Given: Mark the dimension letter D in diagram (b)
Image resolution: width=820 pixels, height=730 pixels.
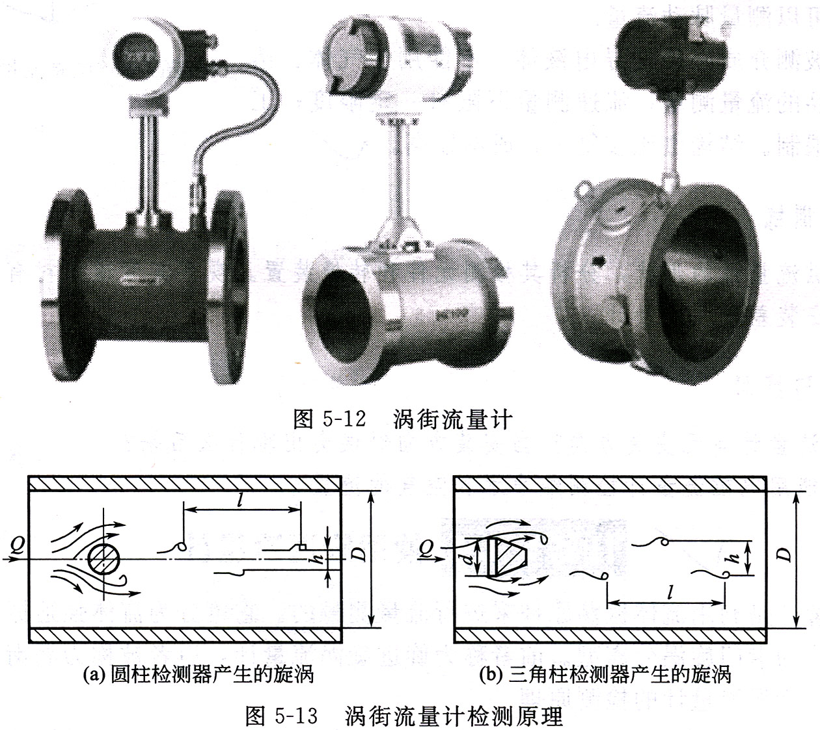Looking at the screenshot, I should [786, 554].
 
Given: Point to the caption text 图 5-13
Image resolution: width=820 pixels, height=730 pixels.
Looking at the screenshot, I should [281, 716].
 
